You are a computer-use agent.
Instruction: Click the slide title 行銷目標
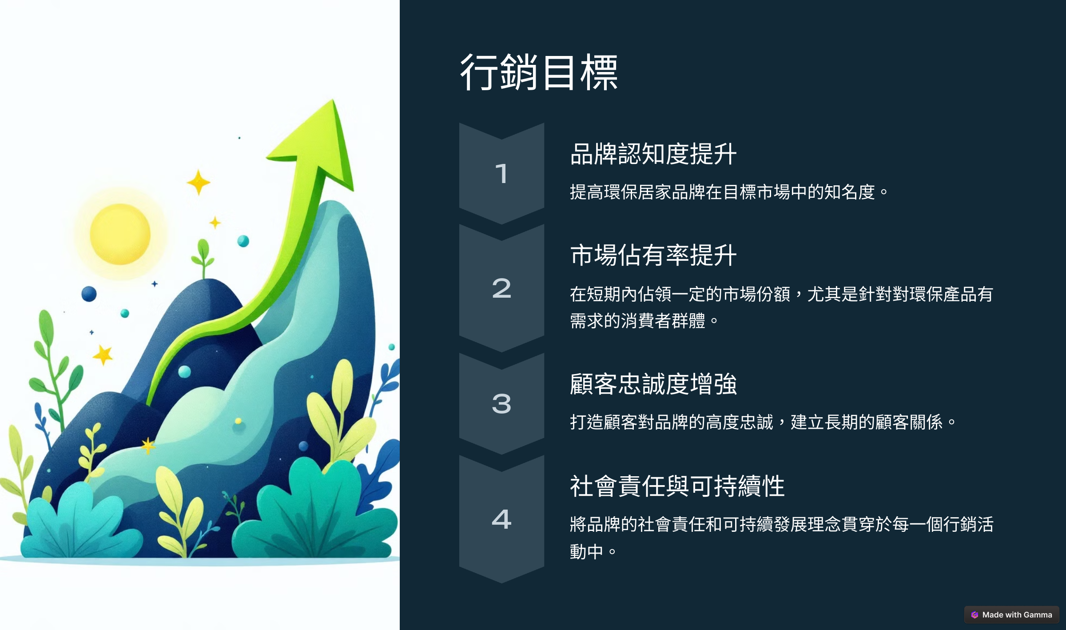click(539, 72)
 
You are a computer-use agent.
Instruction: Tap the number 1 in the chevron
click(501, 173)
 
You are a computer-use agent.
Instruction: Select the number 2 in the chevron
click(501, 288)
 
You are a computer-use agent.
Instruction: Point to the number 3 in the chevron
click(501, 404)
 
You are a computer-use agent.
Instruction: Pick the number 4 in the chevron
click(501, 519)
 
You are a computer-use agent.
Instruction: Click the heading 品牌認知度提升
click(653, 154)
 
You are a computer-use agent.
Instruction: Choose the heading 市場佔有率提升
click(653, 255)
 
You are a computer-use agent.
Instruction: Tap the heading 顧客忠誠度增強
click(653, 384)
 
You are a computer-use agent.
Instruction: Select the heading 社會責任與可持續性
click(677, 486)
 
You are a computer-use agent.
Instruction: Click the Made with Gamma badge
click(1011, 615)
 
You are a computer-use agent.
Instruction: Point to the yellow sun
click(120, 234)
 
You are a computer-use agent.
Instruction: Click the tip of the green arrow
click(333, 100)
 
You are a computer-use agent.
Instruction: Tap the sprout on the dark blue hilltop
click(203, 258)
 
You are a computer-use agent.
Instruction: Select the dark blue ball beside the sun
click(89, 294)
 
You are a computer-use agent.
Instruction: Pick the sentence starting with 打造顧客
click(763, 422)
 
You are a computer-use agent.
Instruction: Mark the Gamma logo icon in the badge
click(975, 615)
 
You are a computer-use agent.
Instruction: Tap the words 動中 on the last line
click(586, 552)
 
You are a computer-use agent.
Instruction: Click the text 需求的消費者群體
click(637, 321)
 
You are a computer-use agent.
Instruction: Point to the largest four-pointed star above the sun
click(199, 182)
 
